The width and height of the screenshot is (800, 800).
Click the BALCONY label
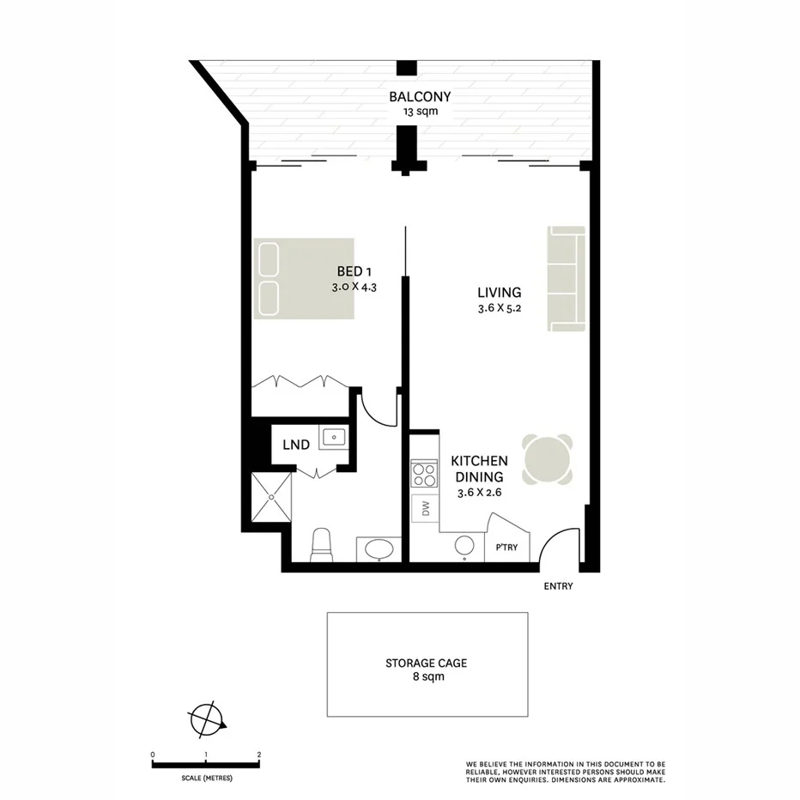point(420,97)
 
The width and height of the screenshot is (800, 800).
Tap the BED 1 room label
point(355,272)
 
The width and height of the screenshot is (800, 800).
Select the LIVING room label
point(500,292)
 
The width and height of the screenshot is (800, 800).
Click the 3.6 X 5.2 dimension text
point(500,308)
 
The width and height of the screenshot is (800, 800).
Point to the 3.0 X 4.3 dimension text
point(355,288)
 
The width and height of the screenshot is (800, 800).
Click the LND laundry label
point(296,445)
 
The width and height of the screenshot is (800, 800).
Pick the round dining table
point(548,458)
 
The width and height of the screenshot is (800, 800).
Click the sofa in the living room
point(567,278)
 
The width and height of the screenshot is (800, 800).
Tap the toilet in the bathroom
point(321,545)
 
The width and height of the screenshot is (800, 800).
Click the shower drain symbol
point(273,496)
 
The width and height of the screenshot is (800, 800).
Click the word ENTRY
point(558,587)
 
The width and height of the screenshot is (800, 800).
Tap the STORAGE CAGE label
point(427,664)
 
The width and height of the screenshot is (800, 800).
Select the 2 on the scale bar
point(259,755)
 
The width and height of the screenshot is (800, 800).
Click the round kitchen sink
point(464,546)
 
